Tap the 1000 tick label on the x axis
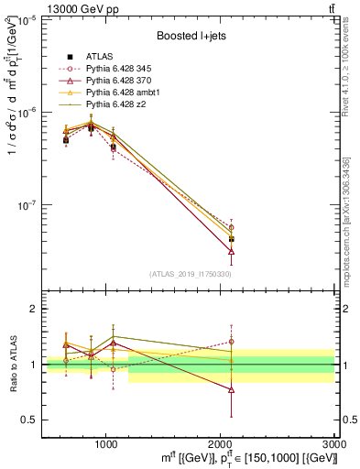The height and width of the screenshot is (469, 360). tap(106, 442)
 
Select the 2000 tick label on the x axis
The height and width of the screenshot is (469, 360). tap(221, 442)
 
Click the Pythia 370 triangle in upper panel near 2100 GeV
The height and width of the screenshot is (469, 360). tap(232, 250)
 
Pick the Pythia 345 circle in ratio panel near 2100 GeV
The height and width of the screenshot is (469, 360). tap(232, 342)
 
